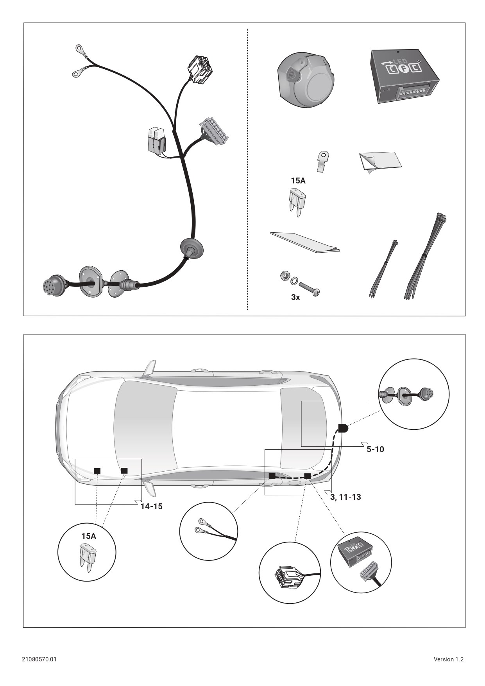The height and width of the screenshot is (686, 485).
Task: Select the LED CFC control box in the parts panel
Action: (x=404, y=76)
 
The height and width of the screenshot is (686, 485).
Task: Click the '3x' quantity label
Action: (x=295, y=298)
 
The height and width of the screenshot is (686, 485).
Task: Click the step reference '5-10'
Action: (x=375, y=449)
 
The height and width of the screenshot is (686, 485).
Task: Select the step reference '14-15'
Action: (x=152, y=506)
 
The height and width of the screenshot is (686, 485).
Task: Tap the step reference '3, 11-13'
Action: (x=345, y=497)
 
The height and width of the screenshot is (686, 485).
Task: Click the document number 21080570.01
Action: (x=39, y=659)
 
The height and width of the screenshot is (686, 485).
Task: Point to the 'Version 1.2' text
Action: (x=449, y=659)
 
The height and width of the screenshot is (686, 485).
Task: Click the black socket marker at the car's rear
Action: (x=343, y=428)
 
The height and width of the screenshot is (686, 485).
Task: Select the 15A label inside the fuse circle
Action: (x=89, y=536)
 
